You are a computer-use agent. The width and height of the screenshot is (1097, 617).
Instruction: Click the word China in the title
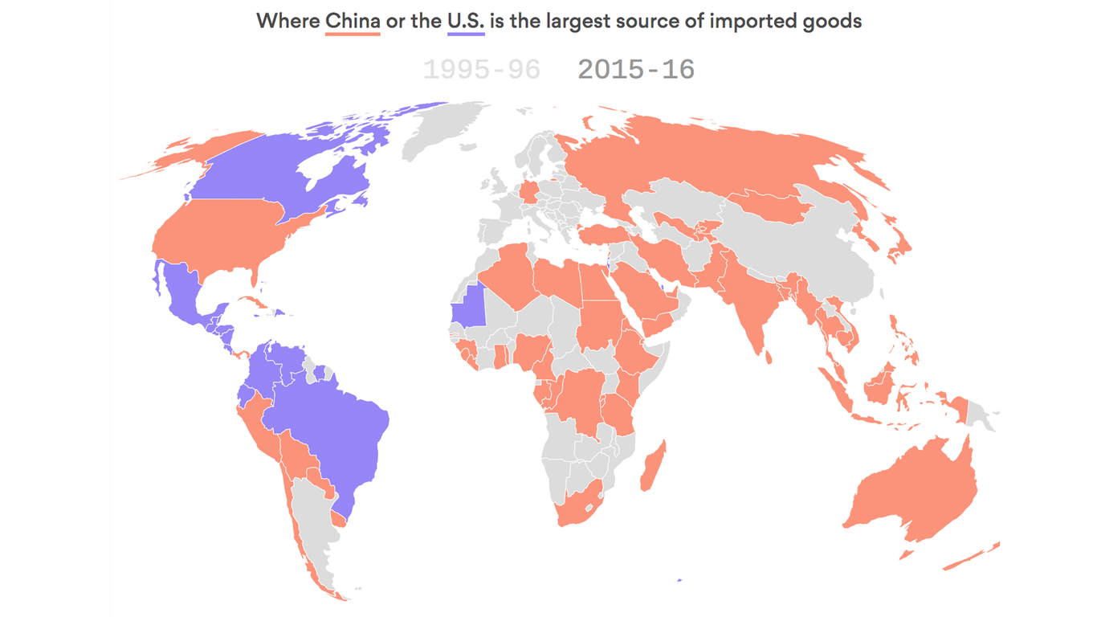click(353, 21)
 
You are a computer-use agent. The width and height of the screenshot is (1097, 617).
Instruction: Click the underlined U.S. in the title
click(466, 21)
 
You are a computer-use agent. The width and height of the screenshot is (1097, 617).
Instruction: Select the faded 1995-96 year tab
click(481, 69)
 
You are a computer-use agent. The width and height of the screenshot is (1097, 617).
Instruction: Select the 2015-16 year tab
click(636, 69)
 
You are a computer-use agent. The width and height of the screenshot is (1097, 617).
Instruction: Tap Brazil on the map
click(337, 434)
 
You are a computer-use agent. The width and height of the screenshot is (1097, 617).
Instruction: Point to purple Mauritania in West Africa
click(471, 305)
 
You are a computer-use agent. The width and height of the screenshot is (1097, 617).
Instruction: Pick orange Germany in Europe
click(531, 192)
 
